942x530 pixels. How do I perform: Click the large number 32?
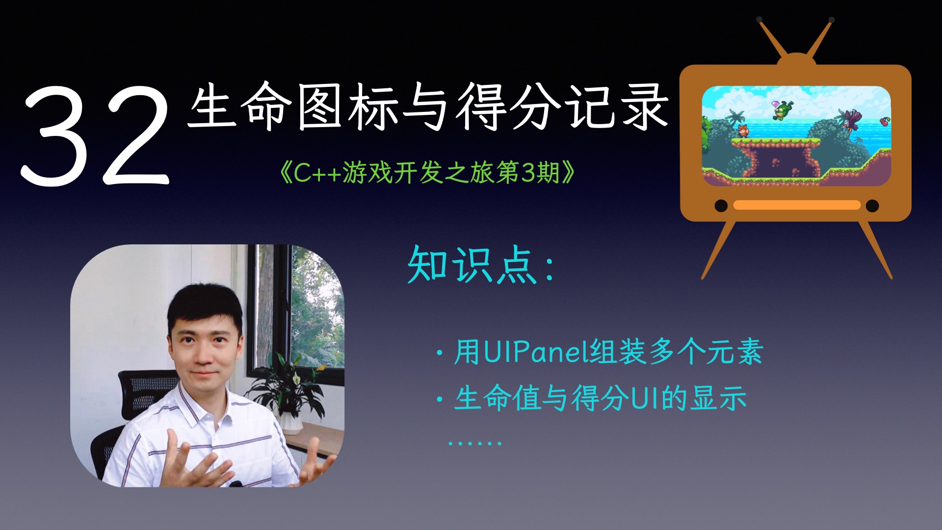(96, 135)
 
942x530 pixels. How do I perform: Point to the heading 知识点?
(473, 265)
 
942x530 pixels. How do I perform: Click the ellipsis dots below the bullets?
(474, 443)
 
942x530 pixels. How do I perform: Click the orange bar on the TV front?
(797, 205)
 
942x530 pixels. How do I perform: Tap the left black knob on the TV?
(721, 206)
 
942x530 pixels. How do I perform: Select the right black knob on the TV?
(872, 206)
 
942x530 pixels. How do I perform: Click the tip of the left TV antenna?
(759, 20)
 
